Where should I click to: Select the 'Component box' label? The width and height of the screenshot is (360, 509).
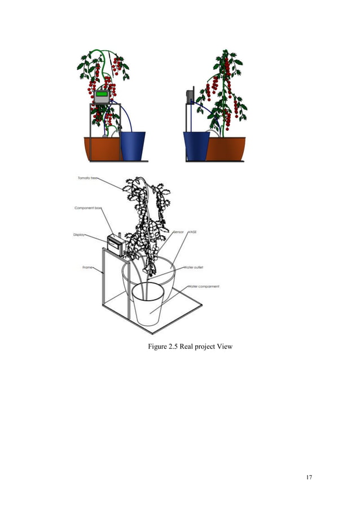[x=87, y=208]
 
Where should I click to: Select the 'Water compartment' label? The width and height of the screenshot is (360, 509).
[x=203, y=287]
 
